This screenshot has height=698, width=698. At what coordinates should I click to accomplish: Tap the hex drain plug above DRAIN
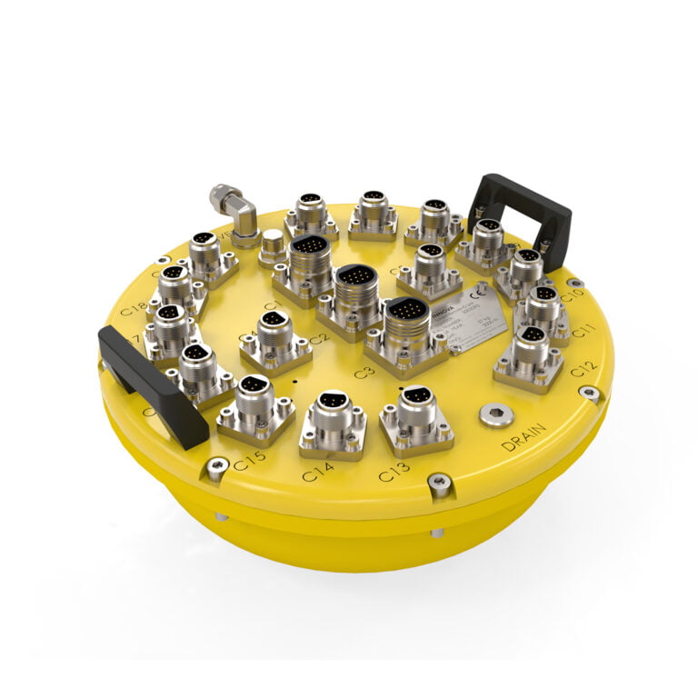(x=496, y=414)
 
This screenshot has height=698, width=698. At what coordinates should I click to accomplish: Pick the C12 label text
(x=583, y=368)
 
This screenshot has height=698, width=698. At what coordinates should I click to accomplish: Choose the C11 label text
(x=583, y=329)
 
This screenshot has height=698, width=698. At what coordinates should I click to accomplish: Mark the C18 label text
(x=134, y=305)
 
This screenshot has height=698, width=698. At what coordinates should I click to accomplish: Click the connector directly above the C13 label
(x=416, y=416)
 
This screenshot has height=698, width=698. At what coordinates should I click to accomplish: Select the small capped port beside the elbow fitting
(x=271, y=245)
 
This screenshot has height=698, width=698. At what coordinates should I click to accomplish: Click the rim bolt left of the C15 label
(x=215, y=468)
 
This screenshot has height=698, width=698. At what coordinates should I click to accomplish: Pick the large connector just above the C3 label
(x=406, y=327)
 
